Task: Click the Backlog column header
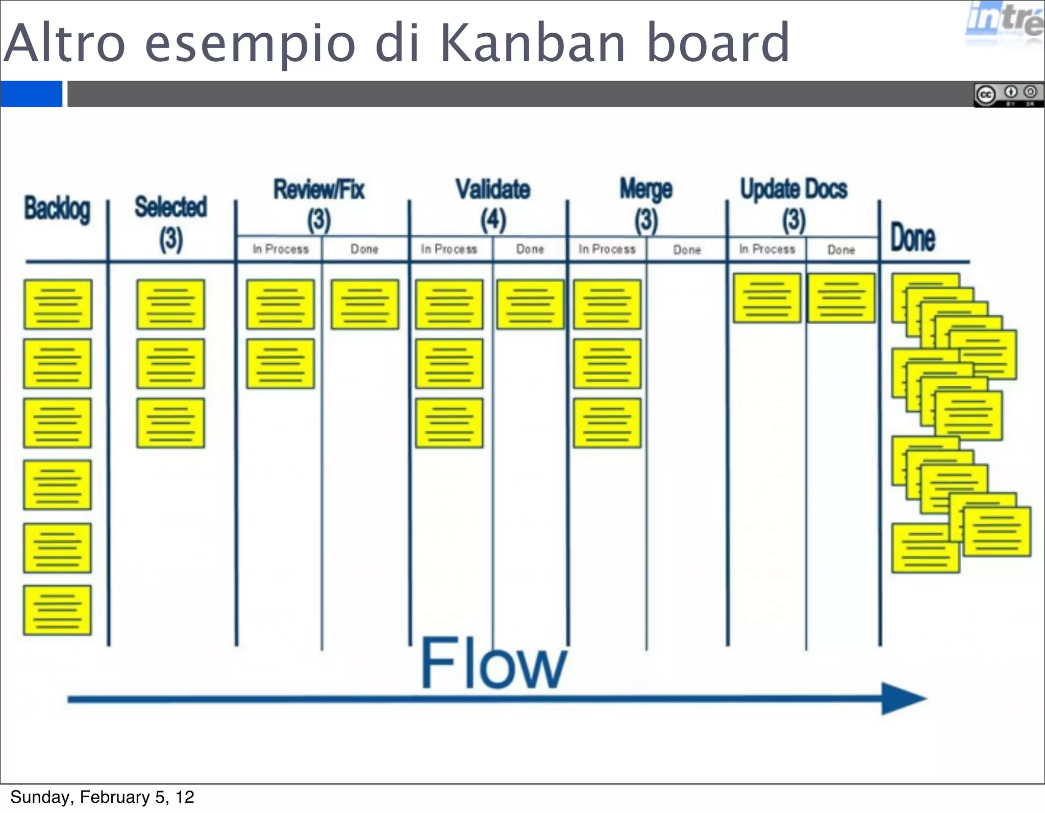[x=57, y=209]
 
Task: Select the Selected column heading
[x=170, y=207]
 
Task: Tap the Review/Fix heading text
[x=319, y=190]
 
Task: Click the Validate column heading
[x=493, y=189]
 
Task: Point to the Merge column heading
[x=646, y=190]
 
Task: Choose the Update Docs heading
[x=793, y=189]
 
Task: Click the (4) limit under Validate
[x=493, y=220]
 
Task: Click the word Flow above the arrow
[x=493, y=663]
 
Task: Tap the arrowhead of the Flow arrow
[x=903, y=699]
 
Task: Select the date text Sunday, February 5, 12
[x=102, y=797]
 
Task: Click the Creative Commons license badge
[x=1008, y=95]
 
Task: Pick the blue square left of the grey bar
[x=31, y=94]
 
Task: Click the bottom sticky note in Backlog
[x=58, y=610]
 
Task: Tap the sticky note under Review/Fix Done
[x=365, y=304]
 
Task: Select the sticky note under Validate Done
[x=530, y=304]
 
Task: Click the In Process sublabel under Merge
[x=607, y=249]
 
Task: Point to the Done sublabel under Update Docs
[x=841, y=250]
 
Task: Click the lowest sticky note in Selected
[x=170, y=423]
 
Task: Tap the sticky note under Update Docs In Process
[x=767, y=298]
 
